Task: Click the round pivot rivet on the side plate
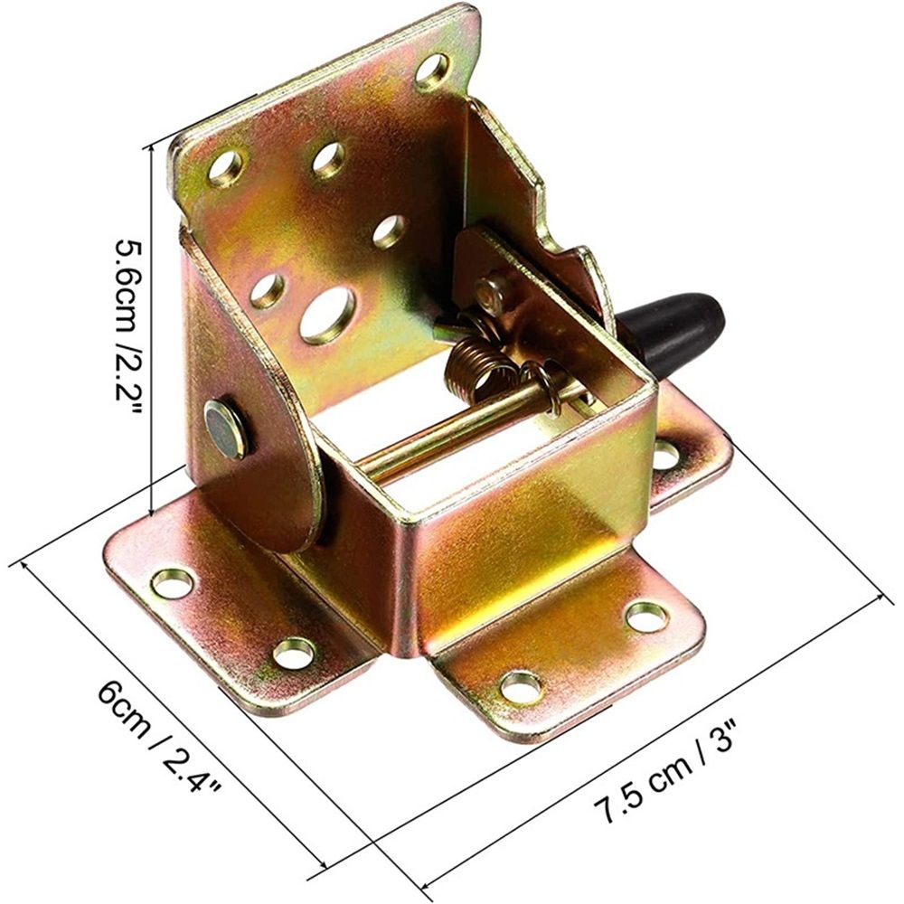tap(227, 430)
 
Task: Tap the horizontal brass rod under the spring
tap(461, 427)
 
